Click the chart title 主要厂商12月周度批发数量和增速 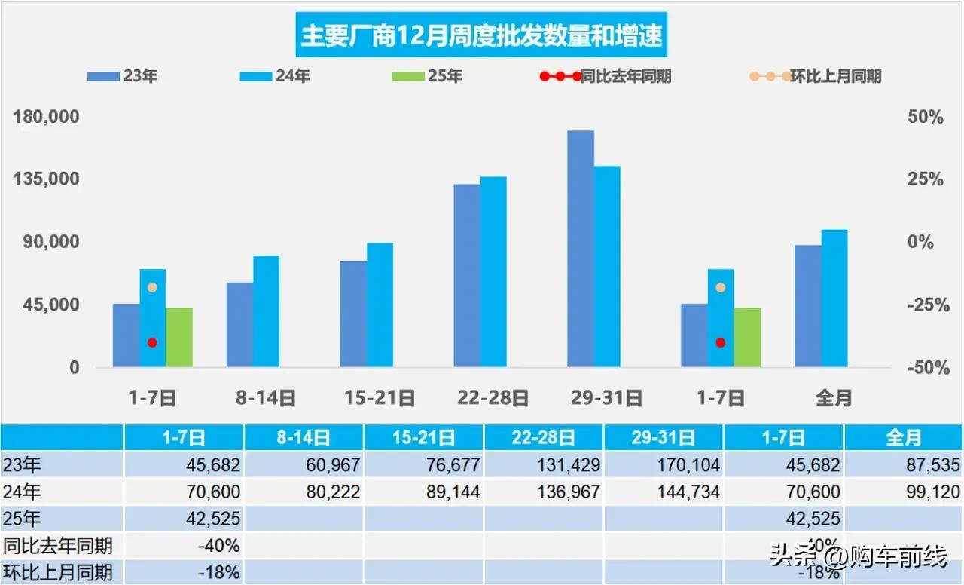[481, 35]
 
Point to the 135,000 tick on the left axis [47, 179]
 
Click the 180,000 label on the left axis [47, 118]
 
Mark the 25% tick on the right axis [926, 179]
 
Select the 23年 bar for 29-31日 [581, 249]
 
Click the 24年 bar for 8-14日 [266, 311]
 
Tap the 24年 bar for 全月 [834, 299]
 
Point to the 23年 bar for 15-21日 [353, 314]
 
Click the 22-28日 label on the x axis [493, 398]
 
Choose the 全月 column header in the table [903, 437]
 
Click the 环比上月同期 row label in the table [58, 572]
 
